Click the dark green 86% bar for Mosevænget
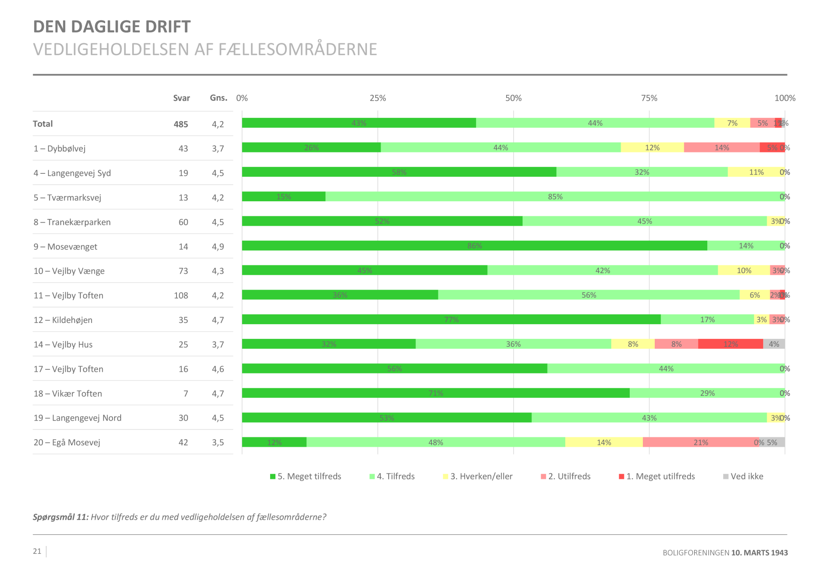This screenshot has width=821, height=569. pos(474,246)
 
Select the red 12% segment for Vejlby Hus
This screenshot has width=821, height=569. pos(730,344)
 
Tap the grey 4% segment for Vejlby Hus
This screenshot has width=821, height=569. pos(774,344)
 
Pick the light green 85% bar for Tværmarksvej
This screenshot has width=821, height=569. pos(555,196)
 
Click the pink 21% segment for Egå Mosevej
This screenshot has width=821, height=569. pos(700,442)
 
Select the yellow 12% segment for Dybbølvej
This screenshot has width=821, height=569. pos(652,147)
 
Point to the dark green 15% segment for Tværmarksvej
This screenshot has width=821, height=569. pos(283,196)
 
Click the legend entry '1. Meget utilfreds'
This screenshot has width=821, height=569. pos(657,476)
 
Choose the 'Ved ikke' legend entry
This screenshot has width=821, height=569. pos(743,476)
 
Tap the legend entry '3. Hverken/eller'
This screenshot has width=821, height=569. pos(478,476)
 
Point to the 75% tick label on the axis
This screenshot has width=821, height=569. pos(649,98)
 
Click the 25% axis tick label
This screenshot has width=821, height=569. pos(378,98)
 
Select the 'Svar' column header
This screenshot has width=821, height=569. pos(181,98)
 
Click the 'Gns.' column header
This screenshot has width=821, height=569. pos(218,98)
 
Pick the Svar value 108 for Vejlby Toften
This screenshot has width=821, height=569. pos(181,295)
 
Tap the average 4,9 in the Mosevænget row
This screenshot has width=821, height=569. pos(218,246)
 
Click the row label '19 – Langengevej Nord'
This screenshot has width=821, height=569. pos(78,418)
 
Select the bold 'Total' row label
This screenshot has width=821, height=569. pos(43,124)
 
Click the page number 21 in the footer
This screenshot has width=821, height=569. pos(37,551)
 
